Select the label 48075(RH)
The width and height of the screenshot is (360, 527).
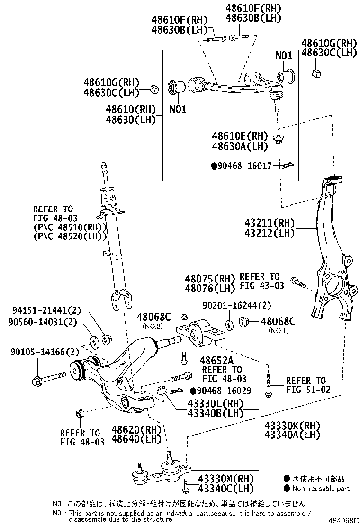tap(204, 279)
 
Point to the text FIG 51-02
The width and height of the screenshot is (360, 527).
tap(306, 390)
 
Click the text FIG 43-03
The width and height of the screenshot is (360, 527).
tap(261, 286)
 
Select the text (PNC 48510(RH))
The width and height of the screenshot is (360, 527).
tap(68, 227)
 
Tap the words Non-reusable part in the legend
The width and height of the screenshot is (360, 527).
tap(321, 489)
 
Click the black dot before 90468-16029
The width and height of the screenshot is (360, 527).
tap(193, 391)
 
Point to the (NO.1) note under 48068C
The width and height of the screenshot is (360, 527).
tap(278, 331)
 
